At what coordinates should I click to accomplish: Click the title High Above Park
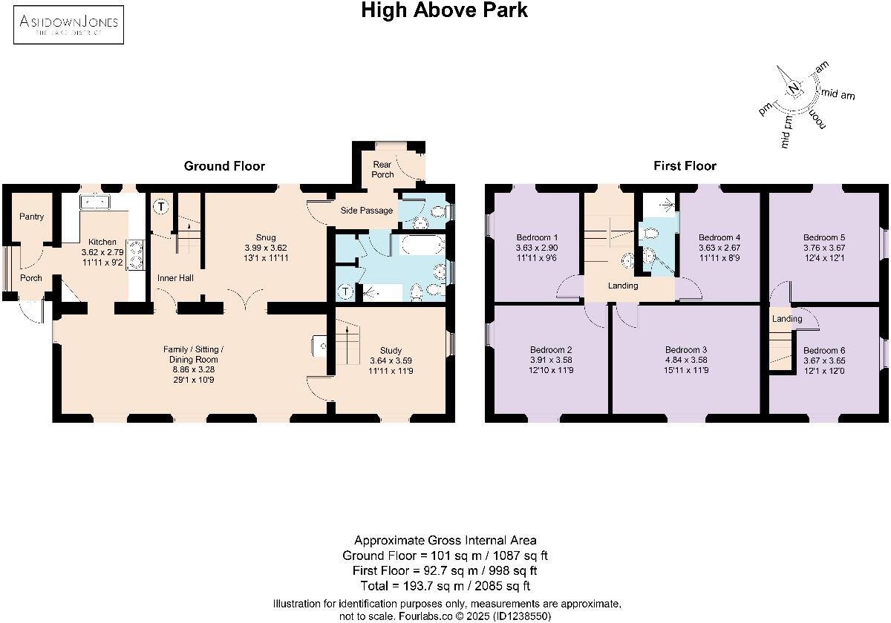444,10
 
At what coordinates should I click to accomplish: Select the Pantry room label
31,217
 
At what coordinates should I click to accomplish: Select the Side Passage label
367,211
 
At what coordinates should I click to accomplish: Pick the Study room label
391,350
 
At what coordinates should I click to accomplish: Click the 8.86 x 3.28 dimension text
193,369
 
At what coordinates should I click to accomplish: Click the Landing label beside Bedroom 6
787,319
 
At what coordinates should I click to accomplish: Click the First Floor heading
685,165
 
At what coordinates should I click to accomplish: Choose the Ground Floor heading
224,165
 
